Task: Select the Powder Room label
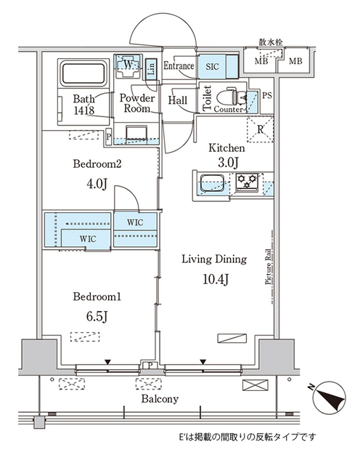pyautogui.click(x=136, y=103)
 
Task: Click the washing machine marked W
pyautogui.click(x=128, y=66)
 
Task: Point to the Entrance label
pyautogui.click(x=179, y=66)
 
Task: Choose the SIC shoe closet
pyautogui.click(x=212, y=66)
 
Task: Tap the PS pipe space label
pyautogui.click(x=266, y=94)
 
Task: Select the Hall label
pyautogui.click(x=179, y=100)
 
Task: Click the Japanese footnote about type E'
pyautogui.click(x=247, y=437)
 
